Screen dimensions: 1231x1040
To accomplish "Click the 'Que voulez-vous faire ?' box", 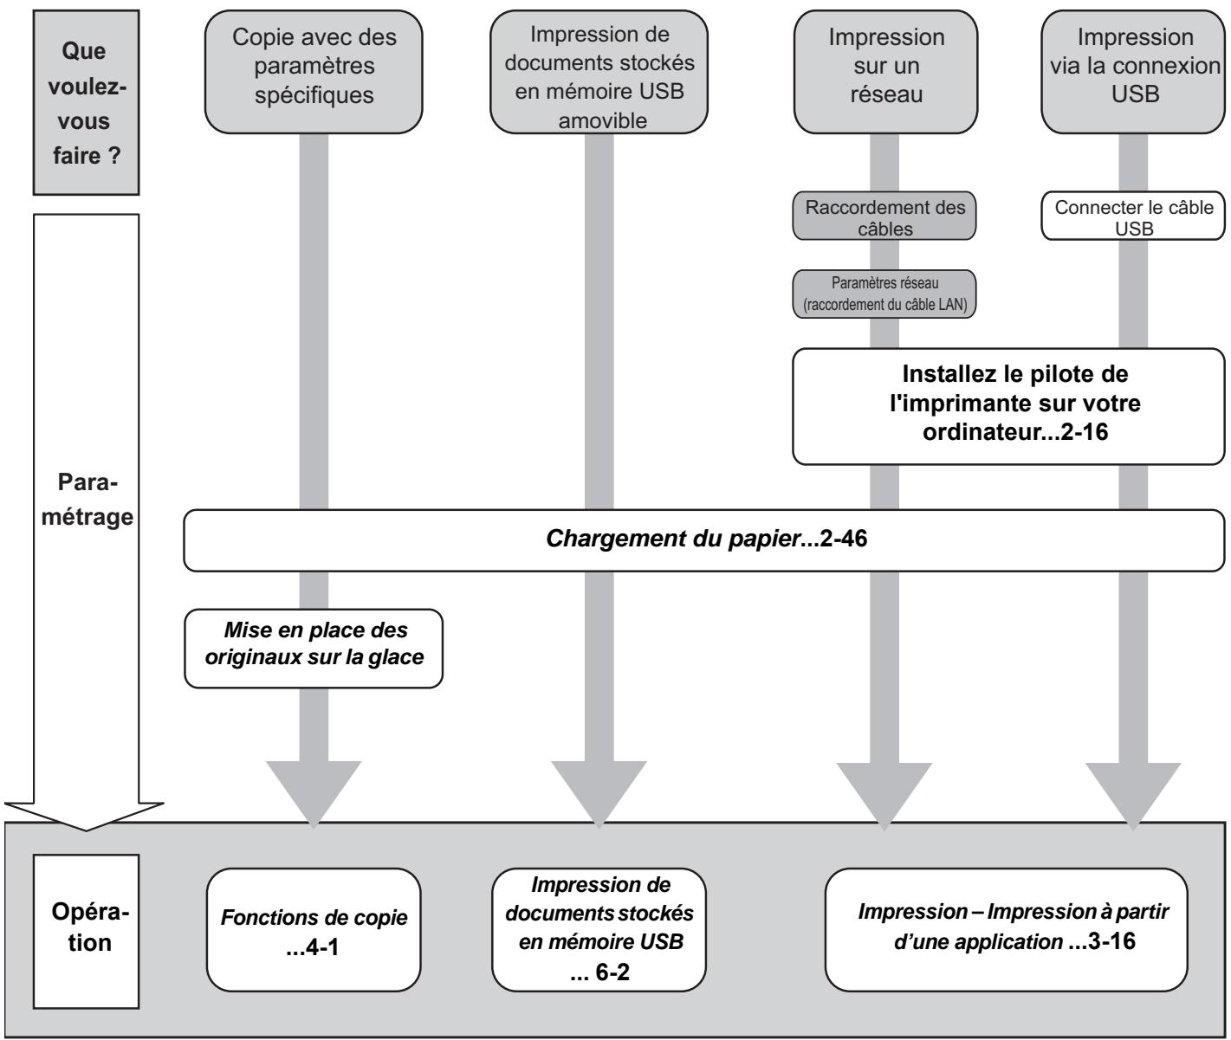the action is click(x=86, y=102).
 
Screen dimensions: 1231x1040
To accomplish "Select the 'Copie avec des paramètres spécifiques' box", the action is click(x=314, y=71).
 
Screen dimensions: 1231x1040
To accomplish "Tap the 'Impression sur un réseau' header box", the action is click(x=885, y=71).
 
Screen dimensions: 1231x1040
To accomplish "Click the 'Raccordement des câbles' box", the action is click(x=884, y=216).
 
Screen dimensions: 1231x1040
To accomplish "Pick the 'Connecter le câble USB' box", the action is click(x=1133, y=216).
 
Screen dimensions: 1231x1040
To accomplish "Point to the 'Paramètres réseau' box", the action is click(x=884, y=294).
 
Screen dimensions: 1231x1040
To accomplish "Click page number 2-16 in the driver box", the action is click(x=1085, y=431).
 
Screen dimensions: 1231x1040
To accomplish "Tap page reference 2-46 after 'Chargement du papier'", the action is click(x=843, y=539).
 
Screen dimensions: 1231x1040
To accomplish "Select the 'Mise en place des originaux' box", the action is click(x=314, y=649).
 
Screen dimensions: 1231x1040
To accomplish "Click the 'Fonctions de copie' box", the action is click(x=314, y=930).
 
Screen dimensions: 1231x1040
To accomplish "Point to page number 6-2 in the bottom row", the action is click(x=612, y=972).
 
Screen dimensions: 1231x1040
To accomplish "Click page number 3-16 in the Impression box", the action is click(x=1111, y=941).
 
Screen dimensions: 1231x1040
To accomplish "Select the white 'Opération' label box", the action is click(x=86, y=932).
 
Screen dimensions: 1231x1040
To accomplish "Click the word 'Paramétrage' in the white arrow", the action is click(x=87, y=500).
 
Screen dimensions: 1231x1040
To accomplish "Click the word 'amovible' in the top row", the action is click(x=603, y=121).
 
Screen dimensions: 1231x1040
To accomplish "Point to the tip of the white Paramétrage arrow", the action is click(x=86, y=830).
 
